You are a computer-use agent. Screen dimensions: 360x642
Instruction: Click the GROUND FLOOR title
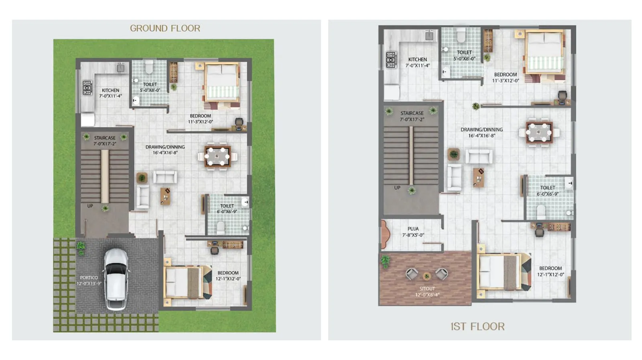click(165, 28)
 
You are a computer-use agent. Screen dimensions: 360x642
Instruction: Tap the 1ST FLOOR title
click(477, 326)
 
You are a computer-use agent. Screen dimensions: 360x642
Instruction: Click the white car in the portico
click(116, 279)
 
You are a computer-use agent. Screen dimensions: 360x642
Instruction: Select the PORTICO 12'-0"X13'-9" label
click(89, 280)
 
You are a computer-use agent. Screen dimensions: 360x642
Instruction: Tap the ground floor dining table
click(217, 156)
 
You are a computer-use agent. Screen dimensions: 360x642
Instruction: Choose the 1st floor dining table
click(539, 132)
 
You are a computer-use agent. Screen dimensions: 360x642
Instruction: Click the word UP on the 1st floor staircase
click(397, 188)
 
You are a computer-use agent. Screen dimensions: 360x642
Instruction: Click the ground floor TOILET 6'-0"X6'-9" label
click(227, 209)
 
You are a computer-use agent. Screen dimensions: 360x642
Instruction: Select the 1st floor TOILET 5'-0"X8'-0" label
click(464, 55)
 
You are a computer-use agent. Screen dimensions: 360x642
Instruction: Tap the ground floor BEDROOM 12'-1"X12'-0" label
click(228, 276)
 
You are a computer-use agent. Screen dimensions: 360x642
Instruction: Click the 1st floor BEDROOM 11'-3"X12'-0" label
click(505, 77)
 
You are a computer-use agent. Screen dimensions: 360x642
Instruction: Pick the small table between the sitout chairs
click(427, 276)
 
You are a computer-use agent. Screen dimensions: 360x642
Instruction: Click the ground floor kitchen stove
click(87, 87)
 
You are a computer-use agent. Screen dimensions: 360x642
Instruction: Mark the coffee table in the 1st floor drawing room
click(478, 177)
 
